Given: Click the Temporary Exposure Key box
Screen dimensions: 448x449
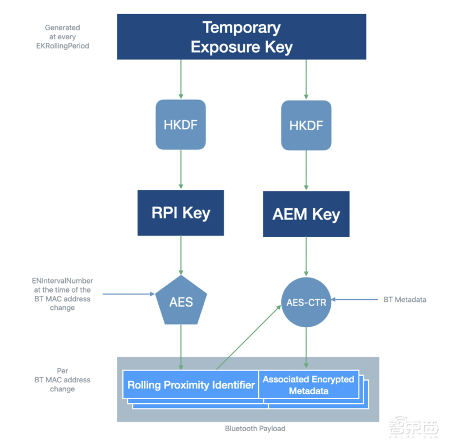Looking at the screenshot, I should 241,36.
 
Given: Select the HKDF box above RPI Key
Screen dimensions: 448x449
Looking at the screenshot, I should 181,125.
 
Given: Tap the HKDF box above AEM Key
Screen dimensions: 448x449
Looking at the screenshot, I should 306,125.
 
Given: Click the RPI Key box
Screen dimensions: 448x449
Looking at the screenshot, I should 181,212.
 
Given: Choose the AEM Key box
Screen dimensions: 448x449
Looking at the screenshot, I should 306,214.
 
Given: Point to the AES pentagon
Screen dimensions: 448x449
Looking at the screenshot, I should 181,301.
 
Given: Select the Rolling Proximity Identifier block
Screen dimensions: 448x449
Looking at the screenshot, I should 191,385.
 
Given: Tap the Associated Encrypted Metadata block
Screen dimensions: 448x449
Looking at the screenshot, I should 309,385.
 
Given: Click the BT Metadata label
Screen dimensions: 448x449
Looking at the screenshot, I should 405,300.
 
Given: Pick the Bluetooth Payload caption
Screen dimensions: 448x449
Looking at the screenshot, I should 255,428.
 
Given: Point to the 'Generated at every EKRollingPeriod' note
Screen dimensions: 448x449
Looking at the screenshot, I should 62,36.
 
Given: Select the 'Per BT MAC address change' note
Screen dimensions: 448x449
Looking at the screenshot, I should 62,380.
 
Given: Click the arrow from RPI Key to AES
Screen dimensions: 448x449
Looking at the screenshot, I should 181,255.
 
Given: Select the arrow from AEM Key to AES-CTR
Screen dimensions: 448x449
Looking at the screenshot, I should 306,256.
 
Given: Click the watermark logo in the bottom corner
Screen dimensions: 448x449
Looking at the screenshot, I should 413,429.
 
